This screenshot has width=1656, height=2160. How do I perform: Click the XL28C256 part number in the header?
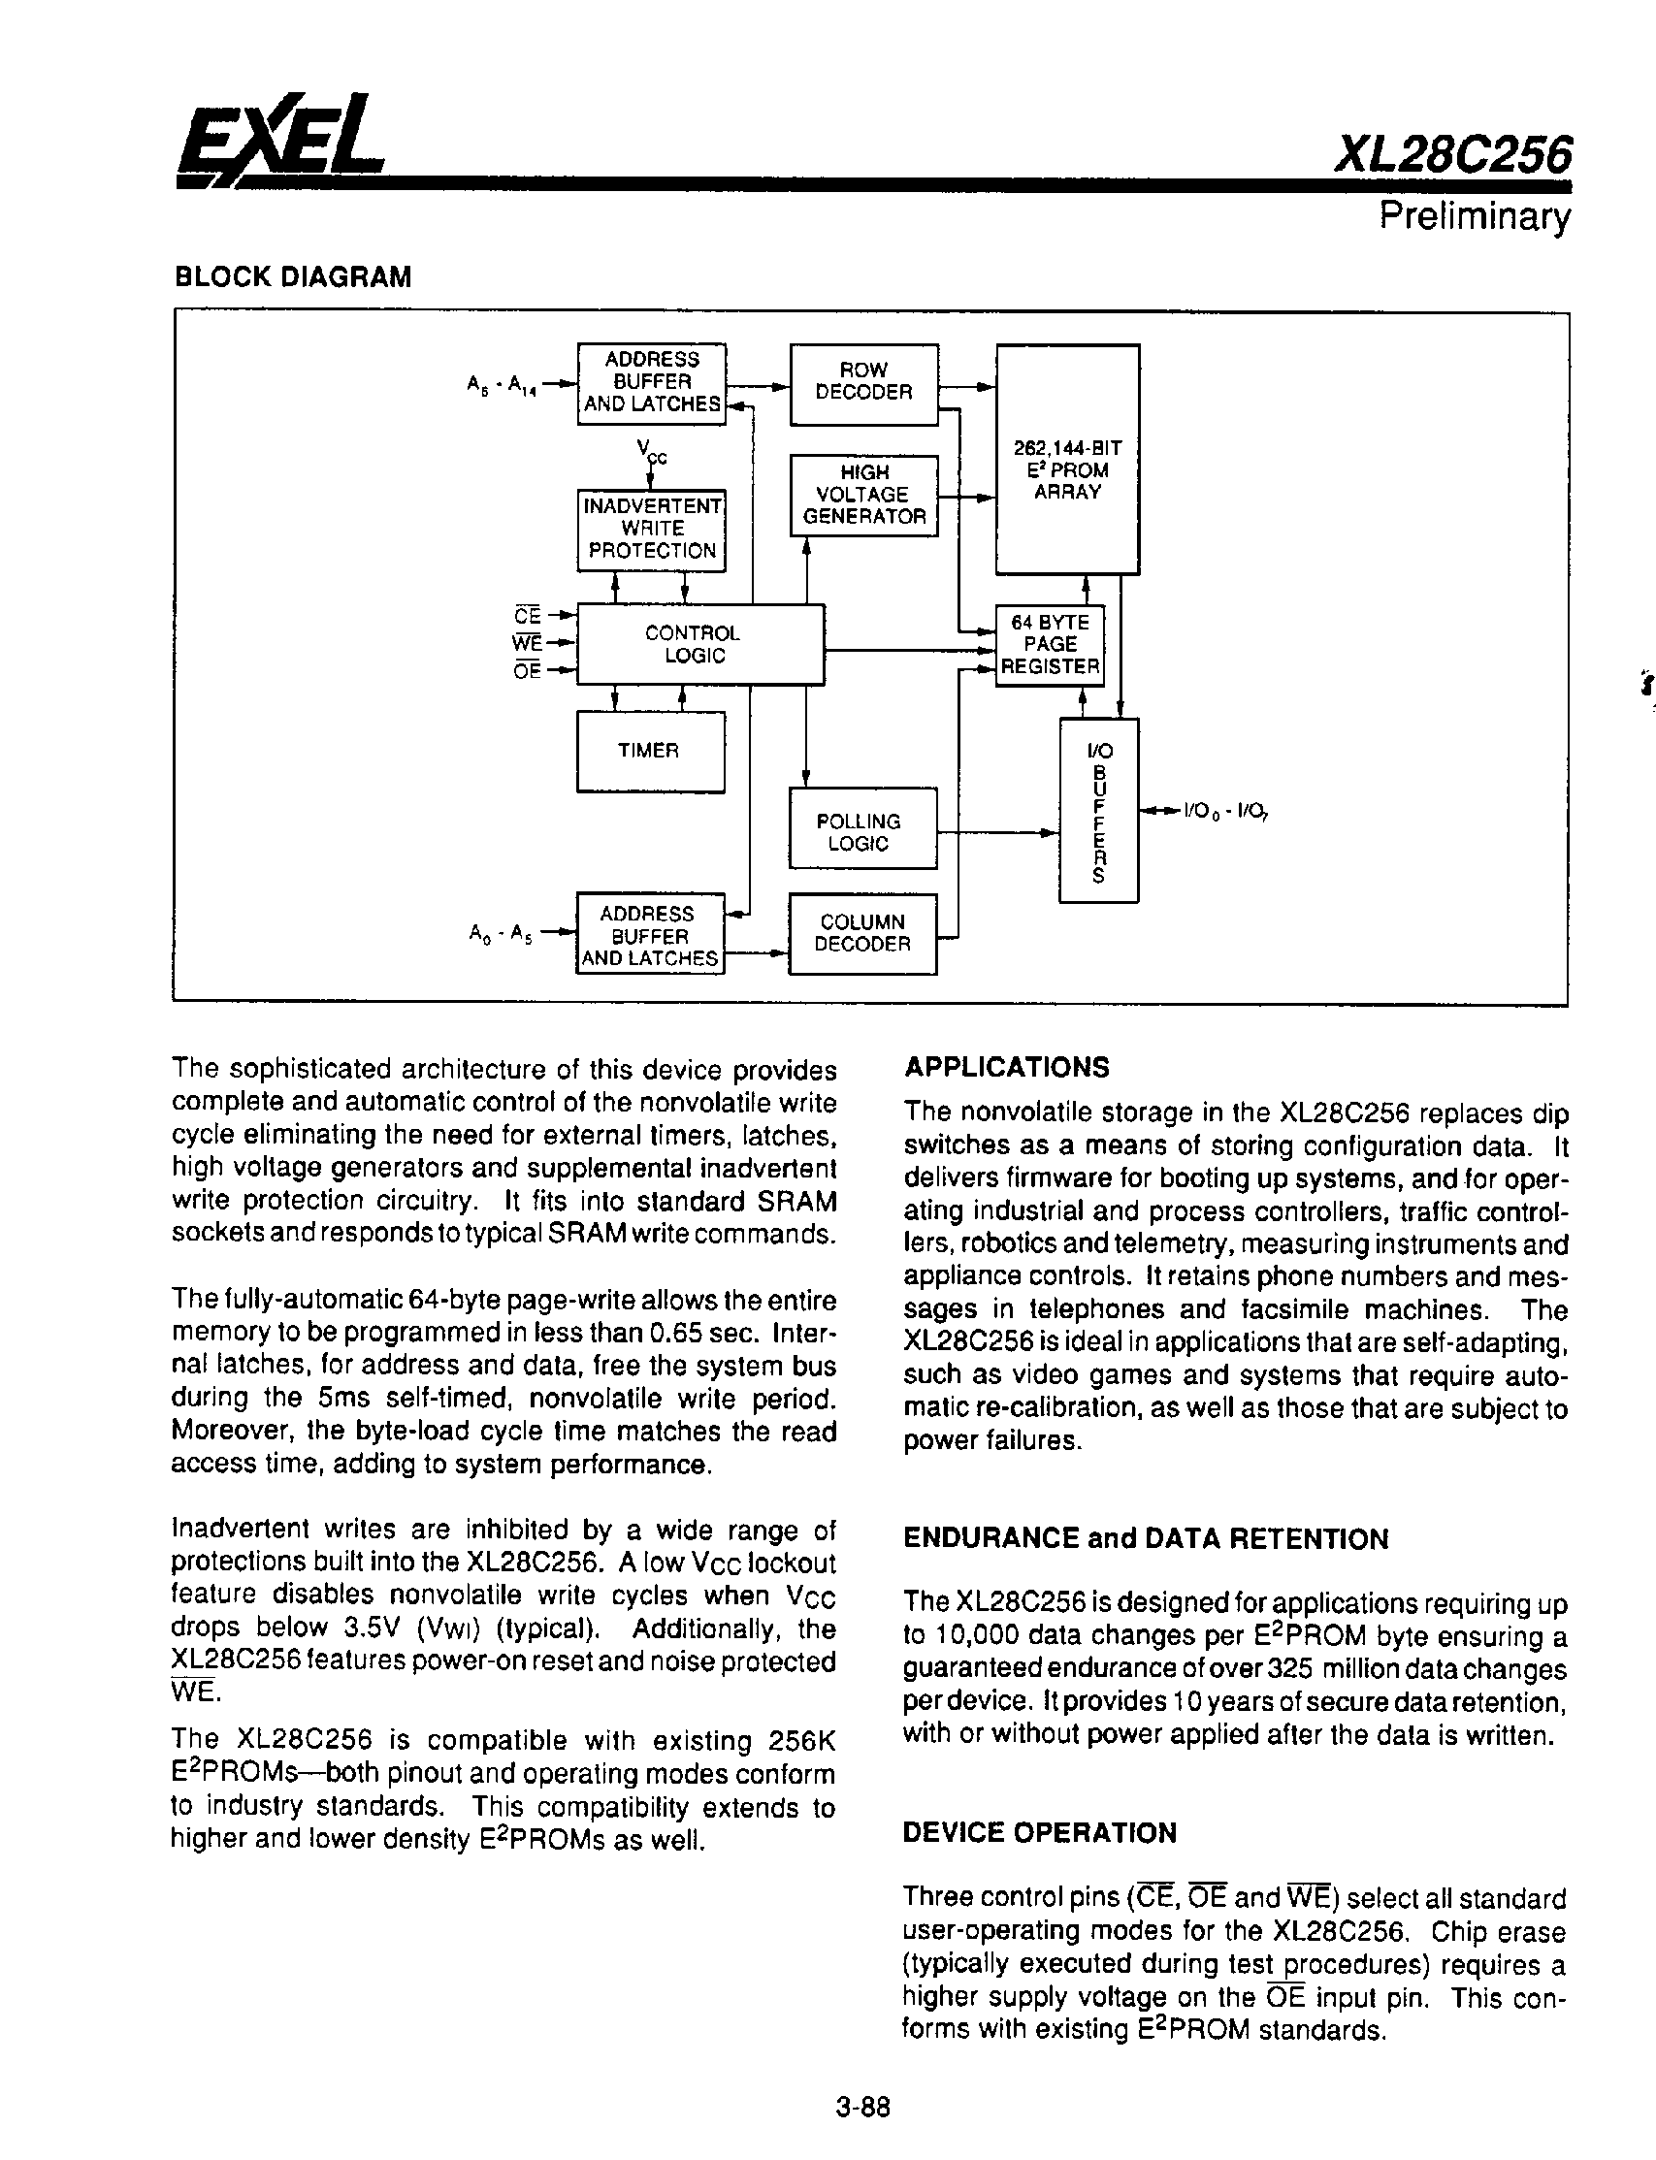1450,155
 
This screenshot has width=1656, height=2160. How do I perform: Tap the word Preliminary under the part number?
1473,215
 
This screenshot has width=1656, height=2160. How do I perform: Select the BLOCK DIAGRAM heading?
293,276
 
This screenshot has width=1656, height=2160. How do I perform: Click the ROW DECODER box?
863,383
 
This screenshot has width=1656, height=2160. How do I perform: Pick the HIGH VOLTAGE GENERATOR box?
863,495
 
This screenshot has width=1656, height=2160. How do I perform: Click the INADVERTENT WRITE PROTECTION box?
652,530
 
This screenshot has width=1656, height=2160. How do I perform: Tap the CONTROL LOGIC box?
699,644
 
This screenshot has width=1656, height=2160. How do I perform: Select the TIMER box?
650,751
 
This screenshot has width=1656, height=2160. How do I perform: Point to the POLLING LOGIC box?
862,829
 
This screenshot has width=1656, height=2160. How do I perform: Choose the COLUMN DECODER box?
862,933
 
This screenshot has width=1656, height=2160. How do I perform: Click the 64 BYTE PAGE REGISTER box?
1050,645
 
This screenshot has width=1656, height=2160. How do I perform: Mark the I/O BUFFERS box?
1098,810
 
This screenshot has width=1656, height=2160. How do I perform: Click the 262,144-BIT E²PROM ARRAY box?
1067,459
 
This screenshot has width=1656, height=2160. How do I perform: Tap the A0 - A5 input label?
501,933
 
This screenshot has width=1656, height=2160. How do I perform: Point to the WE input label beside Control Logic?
528,643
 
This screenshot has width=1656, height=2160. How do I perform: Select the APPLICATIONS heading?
1006,1067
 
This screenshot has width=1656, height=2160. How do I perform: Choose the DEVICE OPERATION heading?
1040,1833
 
